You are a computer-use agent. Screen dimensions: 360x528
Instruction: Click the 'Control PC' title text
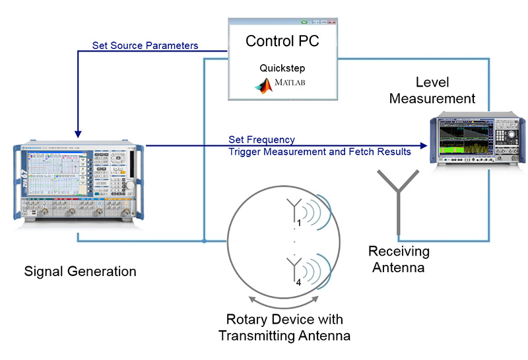point(282,41)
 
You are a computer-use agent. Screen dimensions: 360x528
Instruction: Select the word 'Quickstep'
point(282,68)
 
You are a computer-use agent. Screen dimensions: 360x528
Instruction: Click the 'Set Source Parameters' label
point(146,46)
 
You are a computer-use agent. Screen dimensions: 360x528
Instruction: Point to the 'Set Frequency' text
point(261,140)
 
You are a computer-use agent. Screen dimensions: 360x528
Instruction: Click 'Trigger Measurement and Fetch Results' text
point(319,152)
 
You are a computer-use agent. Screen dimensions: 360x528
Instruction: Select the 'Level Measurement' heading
point(432,90)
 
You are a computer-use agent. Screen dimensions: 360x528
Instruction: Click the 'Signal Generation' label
point(80,271)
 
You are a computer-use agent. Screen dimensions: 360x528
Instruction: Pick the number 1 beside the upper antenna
point(299,223)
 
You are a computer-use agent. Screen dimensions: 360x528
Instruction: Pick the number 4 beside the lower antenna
point(299,282)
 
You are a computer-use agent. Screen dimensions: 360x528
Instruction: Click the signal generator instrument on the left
point(78,178)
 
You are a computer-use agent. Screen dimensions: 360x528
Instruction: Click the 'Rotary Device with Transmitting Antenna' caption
point(284,328)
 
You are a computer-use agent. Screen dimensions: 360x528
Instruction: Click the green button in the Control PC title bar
point(304,22)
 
